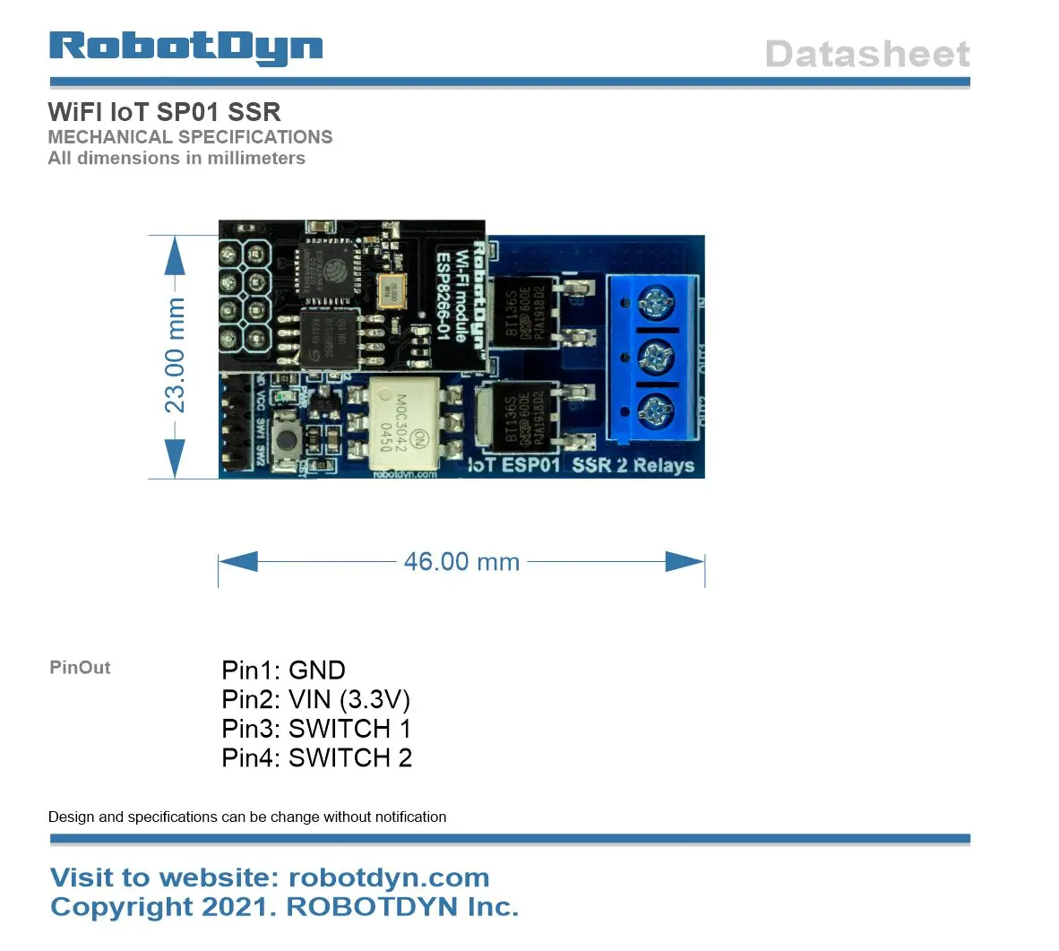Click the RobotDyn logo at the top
point(185,48)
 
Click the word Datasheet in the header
point(867,54)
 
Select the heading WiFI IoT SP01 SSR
point(164,112)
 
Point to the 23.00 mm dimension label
point(175,356)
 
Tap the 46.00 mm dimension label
point(461,562)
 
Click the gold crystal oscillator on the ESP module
point(390,290)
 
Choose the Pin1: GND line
point(283,670)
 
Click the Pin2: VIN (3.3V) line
point(315,699)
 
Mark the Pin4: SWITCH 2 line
point(316,758)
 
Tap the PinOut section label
point(80,668)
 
